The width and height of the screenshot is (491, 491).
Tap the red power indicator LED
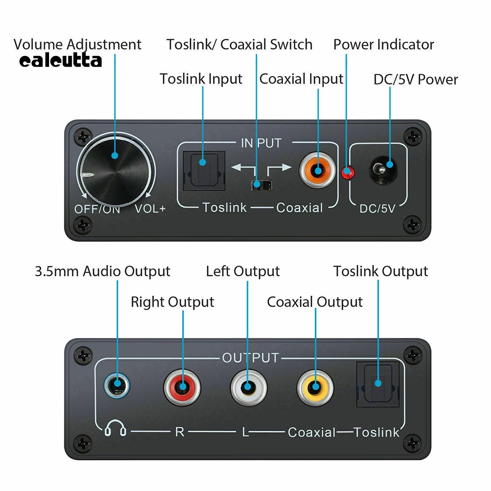348,173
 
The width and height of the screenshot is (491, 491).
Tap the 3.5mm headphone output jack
117,386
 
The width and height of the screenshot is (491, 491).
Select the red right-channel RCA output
182,387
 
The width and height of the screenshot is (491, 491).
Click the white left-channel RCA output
248,387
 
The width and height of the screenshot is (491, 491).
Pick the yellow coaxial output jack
314,387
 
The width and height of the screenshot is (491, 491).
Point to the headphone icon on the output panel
116,430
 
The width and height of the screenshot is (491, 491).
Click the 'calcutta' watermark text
61,61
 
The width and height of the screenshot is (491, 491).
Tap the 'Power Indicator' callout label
384,45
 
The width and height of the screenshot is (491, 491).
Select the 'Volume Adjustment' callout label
78,44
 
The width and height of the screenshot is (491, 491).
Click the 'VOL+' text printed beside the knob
151,208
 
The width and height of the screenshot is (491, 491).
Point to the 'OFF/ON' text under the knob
97,208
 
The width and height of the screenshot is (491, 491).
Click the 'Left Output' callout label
243,271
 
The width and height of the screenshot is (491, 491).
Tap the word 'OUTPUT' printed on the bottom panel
250,358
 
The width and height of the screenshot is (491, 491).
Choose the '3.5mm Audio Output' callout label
103,271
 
